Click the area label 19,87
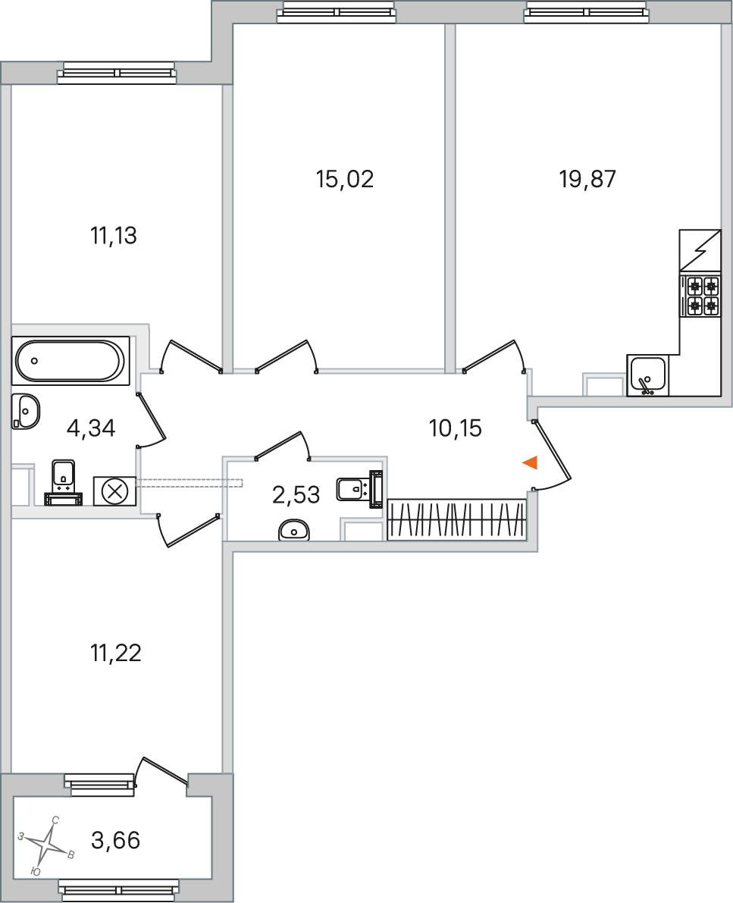[x=587, y=180]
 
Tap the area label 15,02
[x=345, y=180]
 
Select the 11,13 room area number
[x=114, y=236]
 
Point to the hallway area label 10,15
[x=455, y=428]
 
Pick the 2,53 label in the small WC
[x=296, y=495]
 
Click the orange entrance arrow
[x=531, y=462]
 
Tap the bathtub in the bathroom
[x=70, y=362]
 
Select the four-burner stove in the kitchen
[x=700, y=296]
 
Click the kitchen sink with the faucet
[x=647, y=375]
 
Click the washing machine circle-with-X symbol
[x=114, y=491]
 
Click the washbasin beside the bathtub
[x=26, y=412]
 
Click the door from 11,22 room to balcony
[x=163, y=770]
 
